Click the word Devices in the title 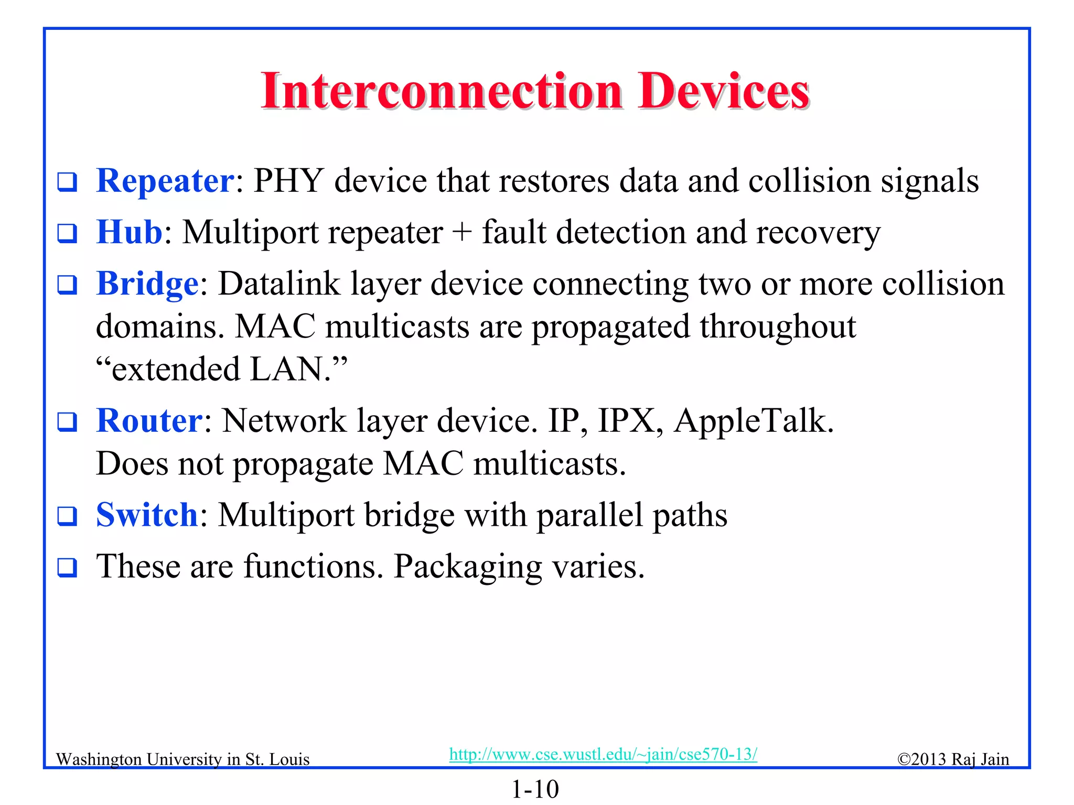point(724,92)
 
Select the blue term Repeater point(165,181)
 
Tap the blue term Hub point(130,232)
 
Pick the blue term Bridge point(147,284)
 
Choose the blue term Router point(149,421)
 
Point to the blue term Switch point(147,515)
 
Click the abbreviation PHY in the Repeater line point(289,181)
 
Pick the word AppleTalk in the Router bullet point(753,421)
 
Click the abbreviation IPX point(627,421)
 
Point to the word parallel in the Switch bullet point(589,515)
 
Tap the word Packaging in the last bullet point(468,567)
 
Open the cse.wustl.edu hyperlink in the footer point(603,754)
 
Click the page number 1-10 point(535,789)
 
